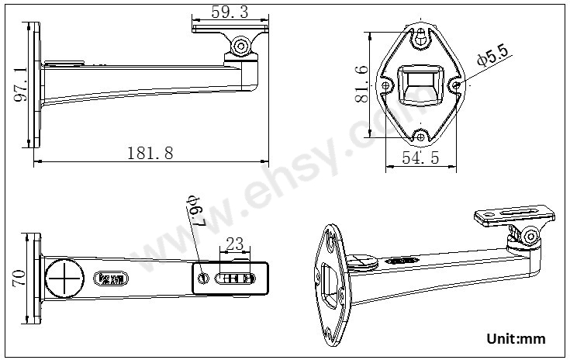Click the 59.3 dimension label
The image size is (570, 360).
coord(230,12)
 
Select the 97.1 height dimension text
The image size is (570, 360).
coord(21,85)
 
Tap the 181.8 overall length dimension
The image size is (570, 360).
coord(150,153)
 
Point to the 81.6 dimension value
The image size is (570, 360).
coord(361,84)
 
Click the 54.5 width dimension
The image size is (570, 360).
coord(420,157)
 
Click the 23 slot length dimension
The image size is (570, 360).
coord(234,244)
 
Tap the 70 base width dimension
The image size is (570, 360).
coord(19,279)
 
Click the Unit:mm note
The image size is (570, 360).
coord(516,339)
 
